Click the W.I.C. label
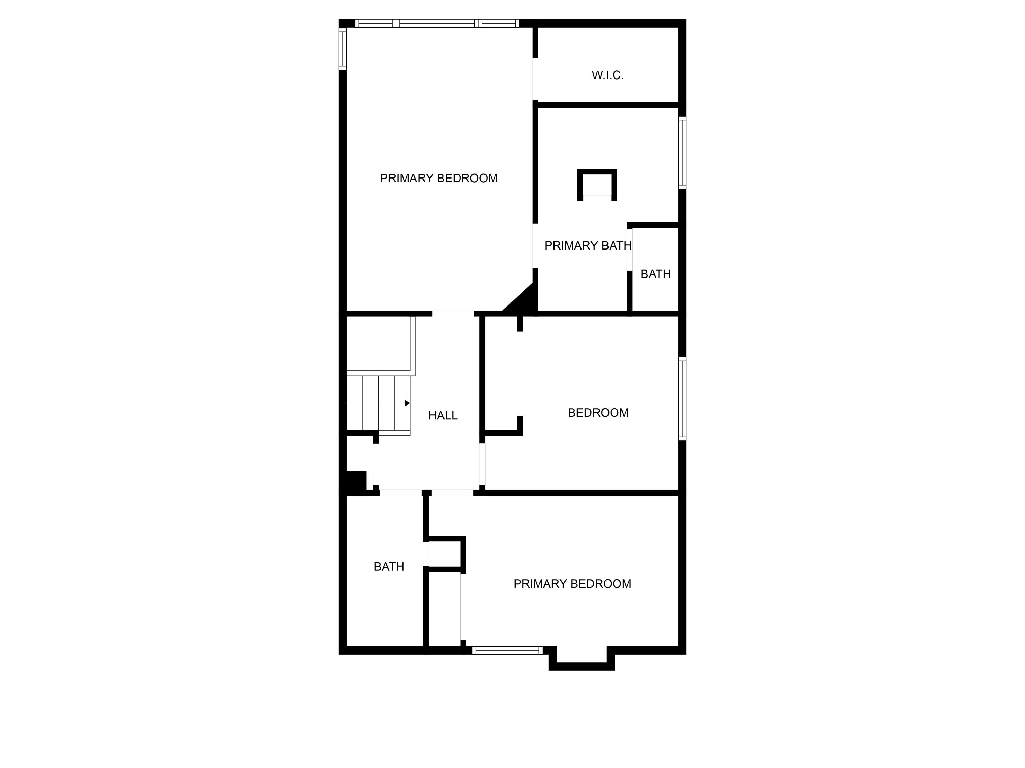tap(607, 75)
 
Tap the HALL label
tap(443, 416)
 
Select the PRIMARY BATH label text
tap(588, 246)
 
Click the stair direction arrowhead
tap(407, 403)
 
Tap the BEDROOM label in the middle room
tap(598, 412)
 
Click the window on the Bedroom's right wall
tap(682, 399)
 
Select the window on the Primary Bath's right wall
tap(682, 153)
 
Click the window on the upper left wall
tap(343, 48)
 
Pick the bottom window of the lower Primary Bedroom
tap(507, 651)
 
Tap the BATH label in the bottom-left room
tap(389, 567)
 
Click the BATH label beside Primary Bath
tap(655, 274)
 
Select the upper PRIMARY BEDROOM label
tap(438, 178)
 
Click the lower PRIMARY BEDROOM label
tap(572, 584)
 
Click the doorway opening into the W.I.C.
tap(535, 79)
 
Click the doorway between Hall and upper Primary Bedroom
tap(453, 313)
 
